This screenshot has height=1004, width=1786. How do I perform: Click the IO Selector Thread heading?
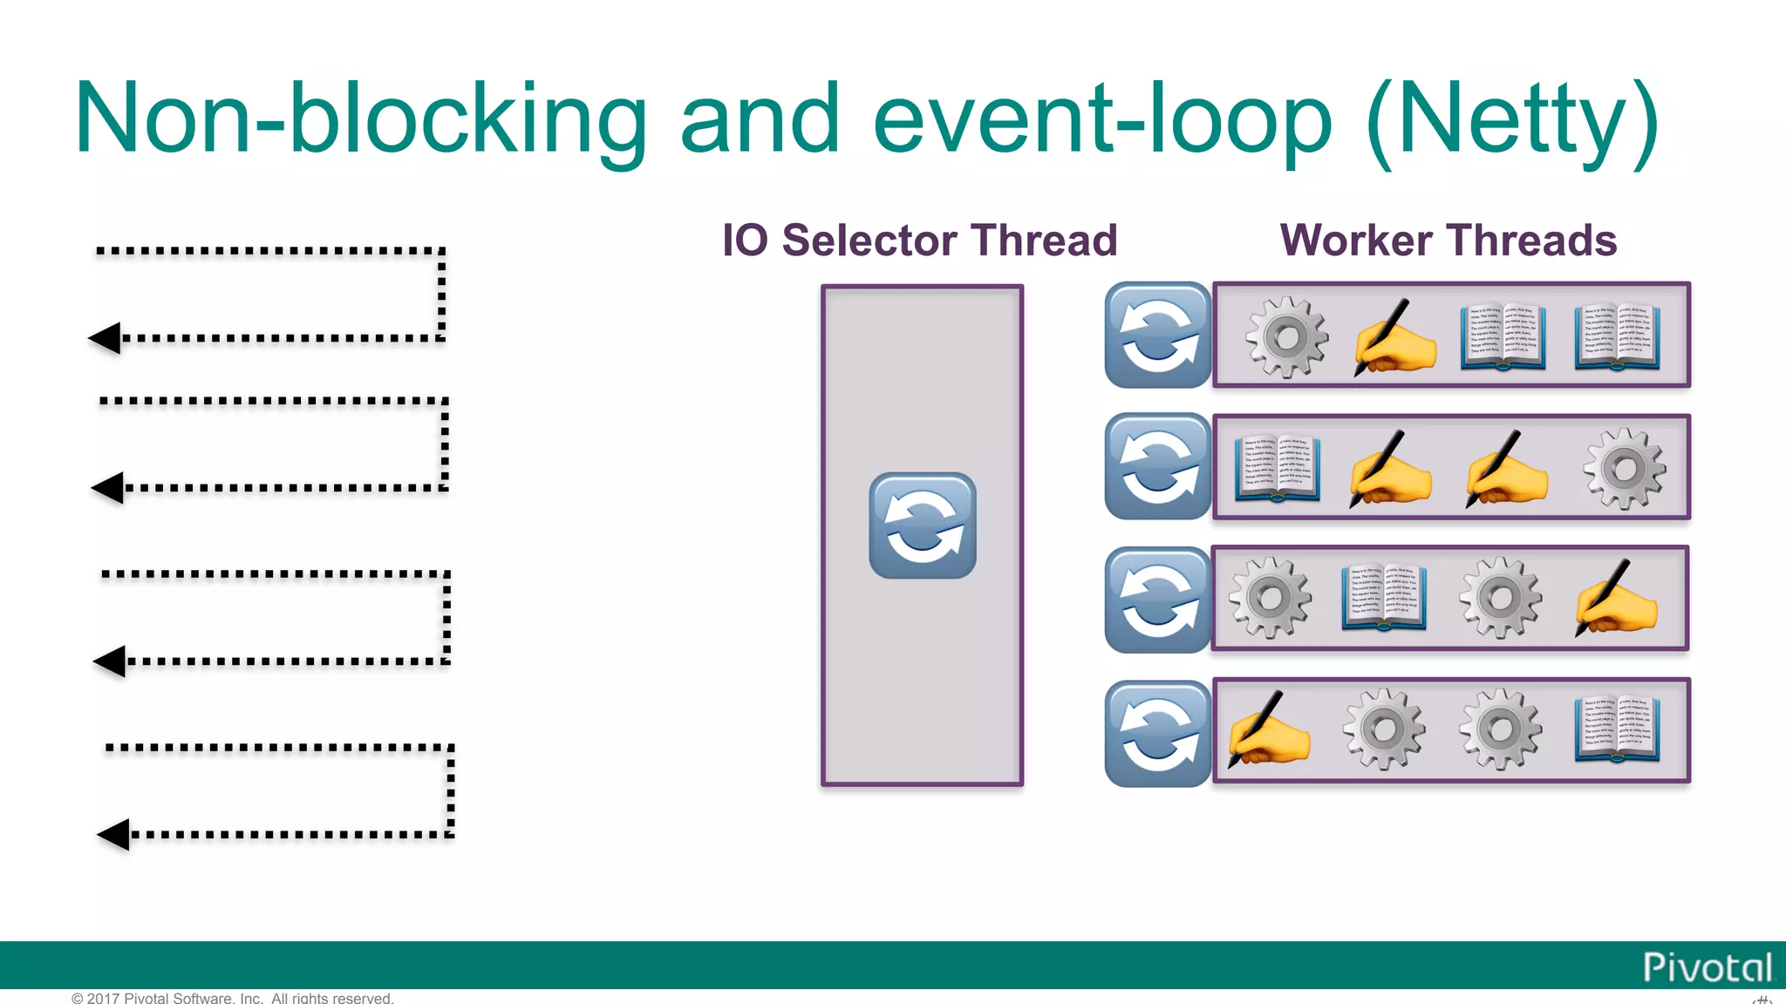(919, 241)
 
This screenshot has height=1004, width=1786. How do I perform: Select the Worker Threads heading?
(1448, 241)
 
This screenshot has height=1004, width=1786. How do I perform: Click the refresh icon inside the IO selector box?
(923, 526)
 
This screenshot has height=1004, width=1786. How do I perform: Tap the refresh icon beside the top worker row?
(1157, 335)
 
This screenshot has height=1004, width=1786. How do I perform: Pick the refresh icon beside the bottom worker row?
(1157, 734)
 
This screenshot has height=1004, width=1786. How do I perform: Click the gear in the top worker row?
(1286, 336)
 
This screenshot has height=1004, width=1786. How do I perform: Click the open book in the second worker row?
(1278, 469)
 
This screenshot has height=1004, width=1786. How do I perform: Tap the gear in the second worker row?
(1624, 469)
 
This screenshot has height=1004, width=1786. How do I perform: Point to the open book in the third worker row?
(1384, 598)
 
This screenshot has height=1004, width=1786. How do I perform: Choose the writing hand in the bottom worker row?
(1268, 730)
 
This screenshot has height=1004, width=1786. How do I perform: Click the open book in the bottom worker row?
(1616, 730)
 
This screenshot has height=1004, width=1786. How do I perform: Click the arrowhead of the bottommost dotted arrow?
(114, 834)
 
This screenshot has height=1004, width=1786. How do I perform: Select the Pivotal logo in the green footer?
(1707, 967)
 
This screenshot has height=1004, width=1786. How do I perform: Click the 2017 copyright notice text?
(233, 998)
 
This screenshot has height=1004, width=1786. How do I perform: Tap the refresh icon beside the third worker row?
(1157, 600)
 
